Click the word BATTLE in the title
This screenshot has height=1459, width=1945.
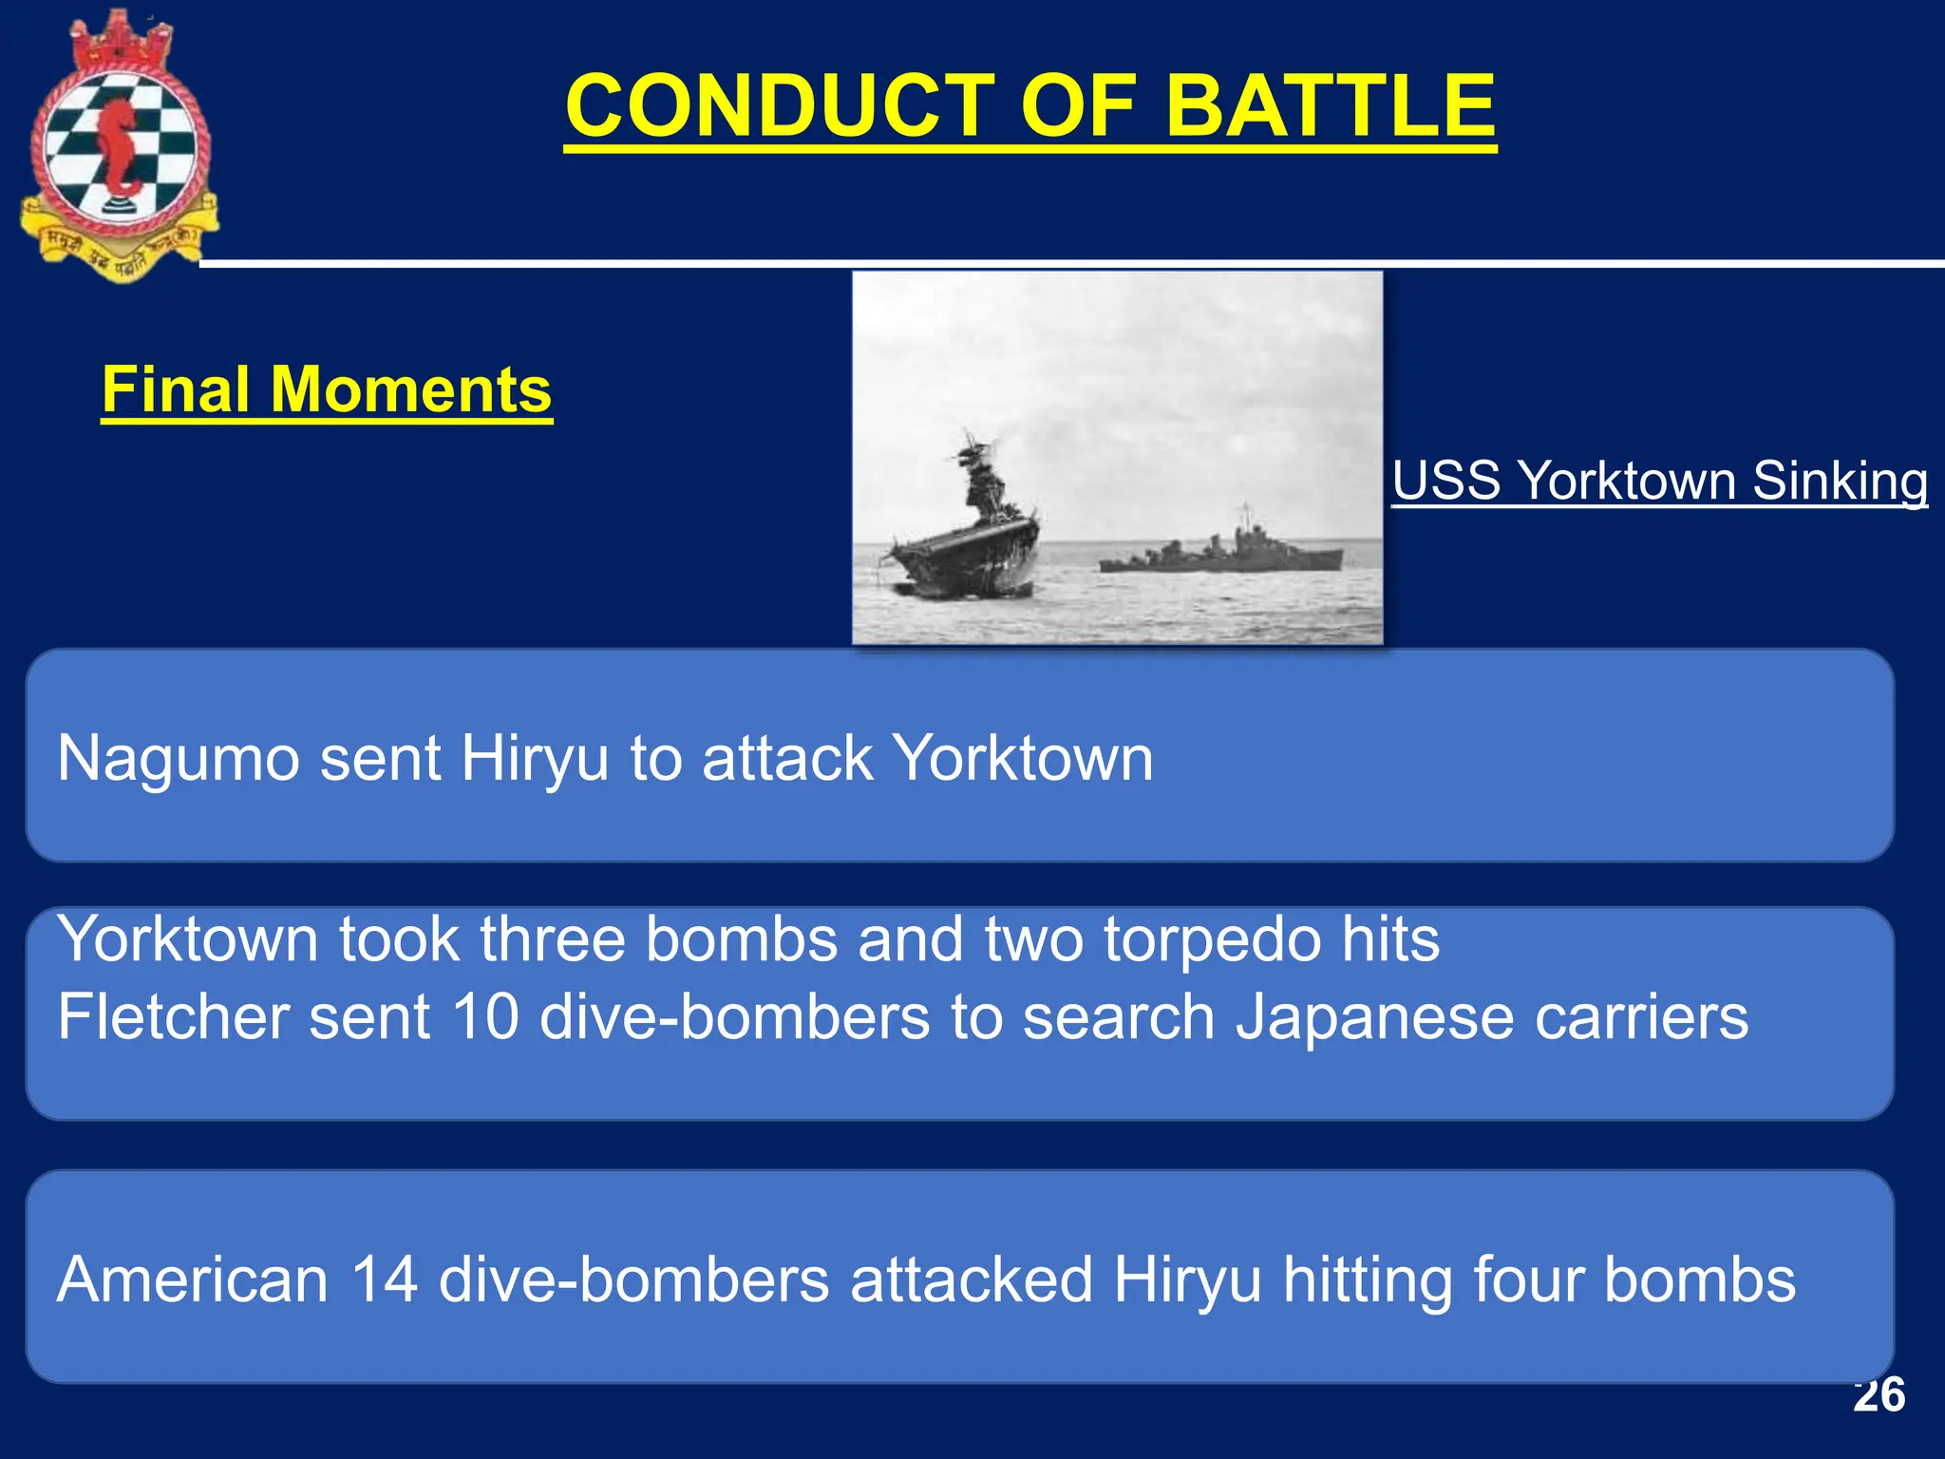[1330, 105]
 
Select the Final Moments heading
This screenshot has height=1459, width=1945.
[326, 390]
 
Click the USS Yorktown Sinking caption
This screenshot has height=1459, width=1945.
[1659, 481]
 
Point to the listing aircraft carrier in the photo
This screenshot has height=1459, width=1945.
[969, 541]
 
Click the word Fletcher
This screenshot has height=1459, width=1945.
[172, 1017]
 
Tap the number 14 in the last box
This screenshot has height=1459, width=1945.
[384, 1279]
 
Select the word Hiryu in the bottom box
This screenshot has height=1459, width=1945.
[1187, 1279]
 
